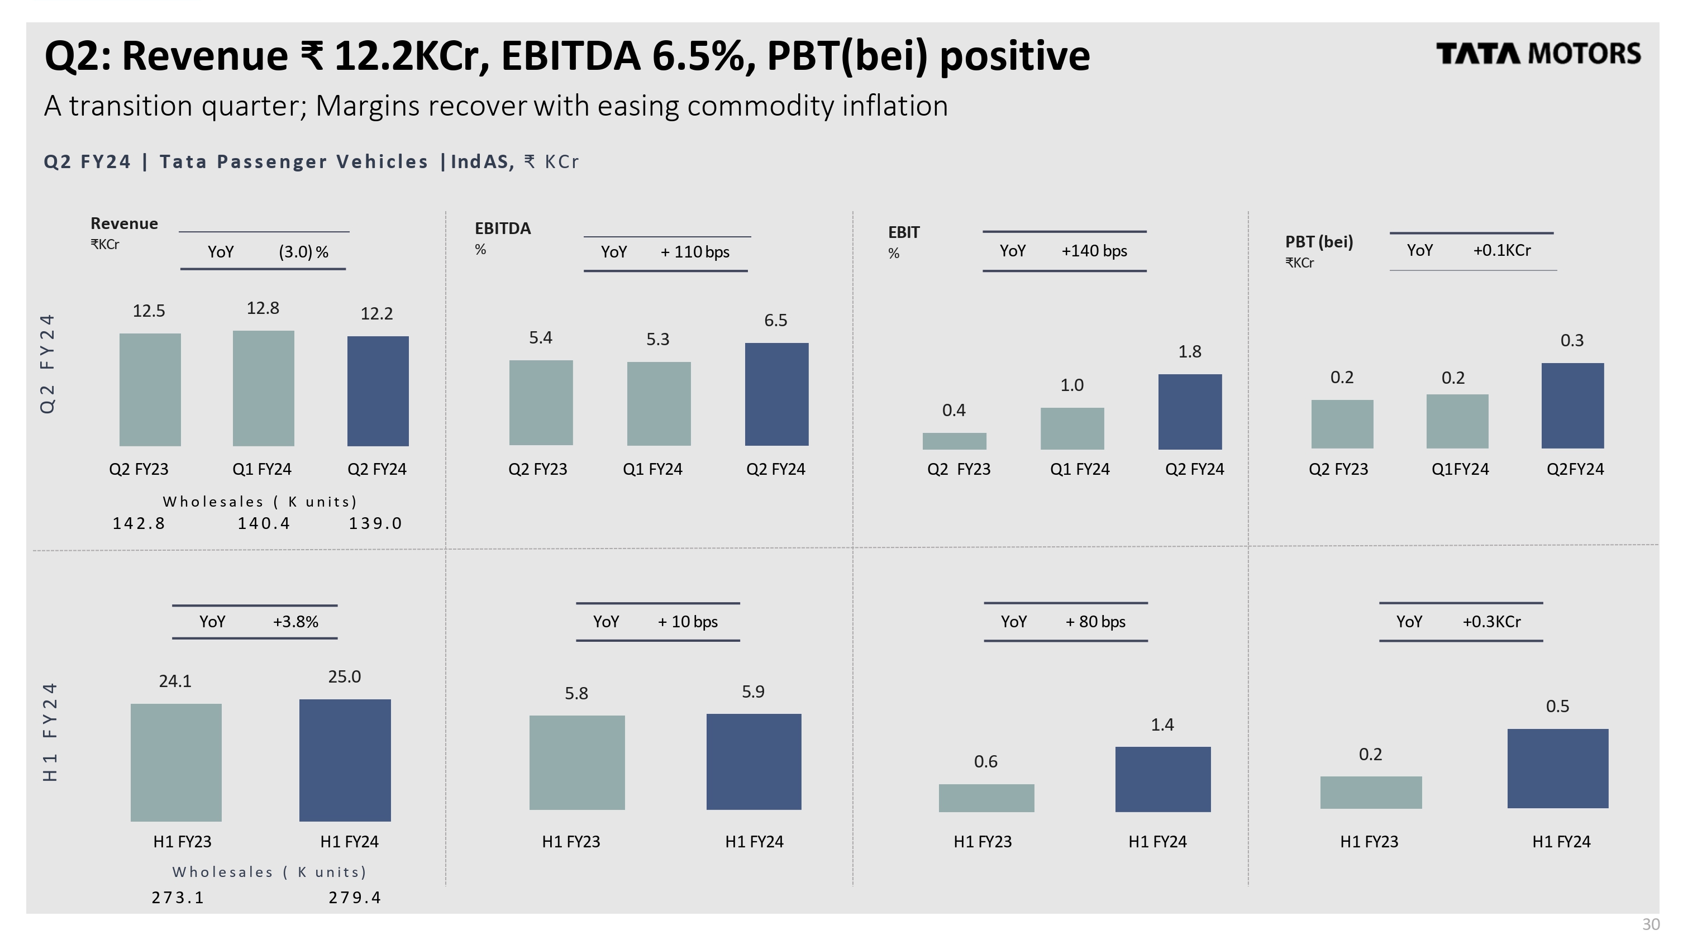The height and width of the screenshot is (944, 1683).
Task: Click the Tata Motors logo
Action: (x=1537, y=54)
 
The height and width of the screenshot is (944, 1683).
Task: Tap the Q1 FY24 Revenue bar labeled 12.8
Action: (x=263, y=388)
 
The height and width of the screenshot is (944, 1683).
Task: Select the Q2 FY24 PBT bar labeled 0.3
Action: (x=1572, y=406)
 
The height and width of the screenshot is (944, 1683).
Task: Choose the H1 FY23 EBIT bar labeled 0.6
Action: (x=986, y=798)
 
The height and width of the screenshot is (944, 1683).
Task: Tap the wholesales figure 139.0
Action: (x=376, y=523)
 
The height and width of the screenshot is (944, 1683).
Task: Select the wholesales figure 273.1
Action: (x=178, y=898)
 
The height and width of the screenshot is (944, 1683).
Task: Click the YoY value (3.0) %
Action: (x=303, y=252)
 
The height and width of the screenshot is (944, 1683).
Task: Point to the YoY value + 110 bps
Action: (x=694, y=252)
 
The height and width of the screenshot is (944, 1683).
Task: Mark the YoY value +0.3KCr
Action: (x=1491, y=621)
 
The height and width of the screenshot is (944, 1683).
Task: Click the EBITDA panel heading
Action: (x=502, y=228)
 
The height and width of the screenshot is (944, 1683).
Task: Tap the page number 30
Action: (x=1651, y=924)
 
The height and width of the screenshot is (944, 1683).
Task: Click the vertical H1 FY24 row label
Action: (x=50, y=732)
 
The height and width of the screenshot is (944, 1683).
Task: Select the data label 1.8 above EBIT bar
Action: (x=1190, y=351)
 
